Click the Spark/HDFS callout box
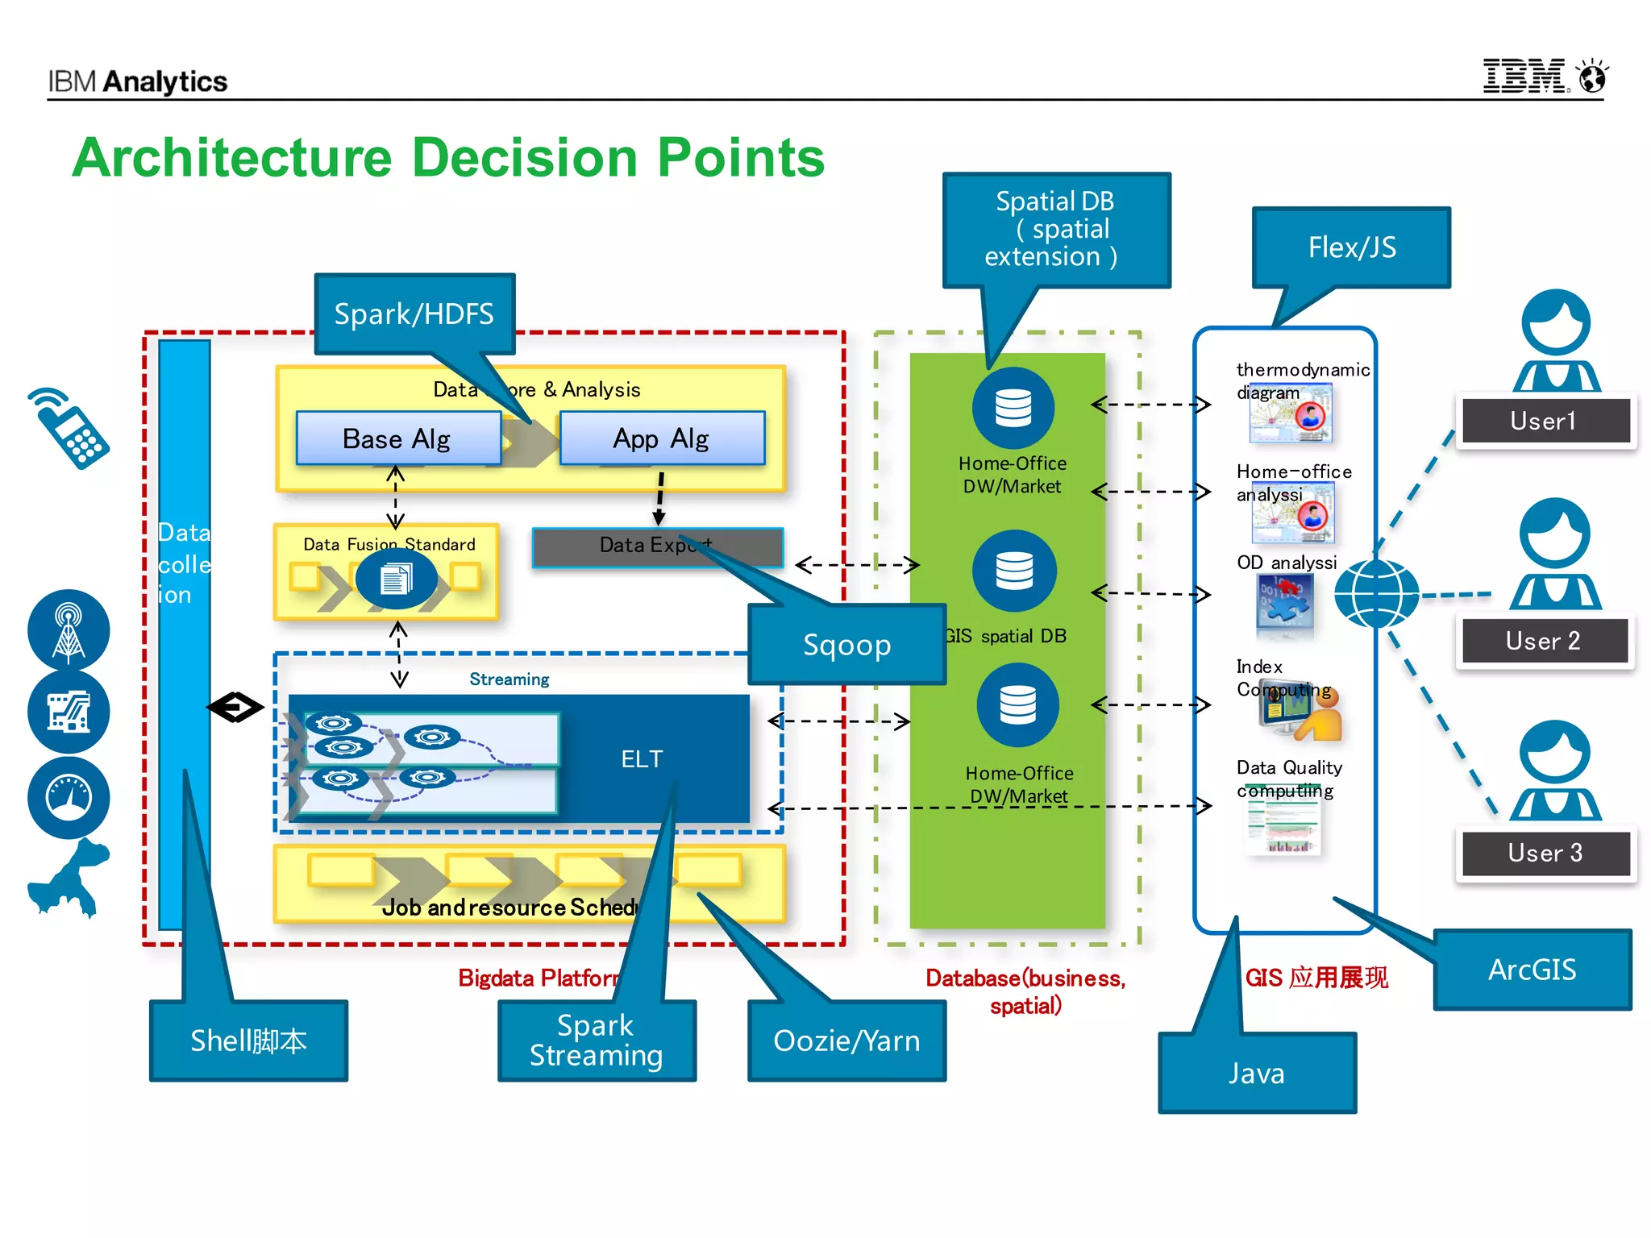click(414, 314)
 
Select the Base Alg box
click(397, 438)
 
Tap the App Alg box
click(661, 438)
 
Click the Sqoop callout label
click(846, 645)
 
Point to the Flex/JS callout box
click(1352, 247)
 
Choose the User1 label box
click(1543, 420)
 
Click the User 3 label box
click(1545, 853)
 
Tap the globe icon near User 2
click(1376, 593)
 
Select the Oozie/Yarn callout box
click(846, 1041)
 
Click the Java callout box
click(1257, 1073)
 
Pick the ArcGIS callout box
click(1532, 970)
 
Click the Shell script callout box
click(248, 1041)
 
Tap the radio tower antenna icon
click(69, 629)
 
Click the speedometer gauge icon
click(69, 797)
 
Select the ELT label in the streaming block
click(643, 759)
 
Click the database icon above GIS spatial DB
click(1013, 571)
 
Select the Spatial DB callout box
click(1054, 229)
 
